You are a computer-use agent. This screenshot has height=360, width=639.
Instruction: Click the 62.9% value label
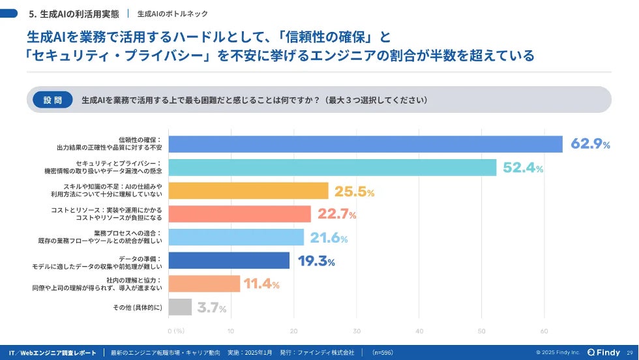(x=590, y=144)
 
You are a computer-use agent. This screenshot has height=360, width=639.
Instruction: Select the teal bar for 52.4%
(x=333, y=168)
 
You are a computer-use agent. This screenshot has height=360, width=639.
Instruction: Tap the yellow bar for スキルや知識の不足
(x=248, y=191)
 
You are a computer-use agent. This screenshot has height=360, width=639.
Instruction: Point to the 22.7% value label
(x=336, y=214)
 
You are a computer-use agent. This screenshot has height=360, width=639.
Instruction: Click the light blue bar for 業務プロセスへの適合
(x=236, y=237)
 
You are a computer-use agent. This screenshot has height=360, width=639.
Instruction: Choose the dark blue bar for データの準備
(x=229, y=261)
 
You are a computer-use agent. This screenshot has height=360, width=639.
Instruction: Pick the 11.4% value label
(x=261, y=284)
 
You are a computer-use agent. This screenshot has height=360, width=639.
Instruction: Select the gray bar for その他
(x=180, y=307)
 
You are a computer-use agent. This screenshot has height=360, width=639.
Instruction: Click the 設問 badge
(x=53, y=100)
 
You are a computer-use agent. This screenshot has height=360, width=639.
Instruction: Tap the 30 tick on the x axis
(x=357, y=331)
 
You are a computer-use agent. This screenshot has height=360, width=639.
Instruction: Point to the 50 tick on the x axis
(x=482, y=331)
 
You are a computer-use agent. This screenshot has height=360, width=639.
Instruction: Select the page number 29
(x=630, y=352)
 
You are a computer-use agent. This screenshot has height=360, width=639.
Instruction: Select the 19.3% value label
(x=316, y=261)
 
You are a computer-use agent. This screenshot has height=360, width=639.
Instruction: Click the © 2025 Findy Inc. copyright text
(x=557, y=352)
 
